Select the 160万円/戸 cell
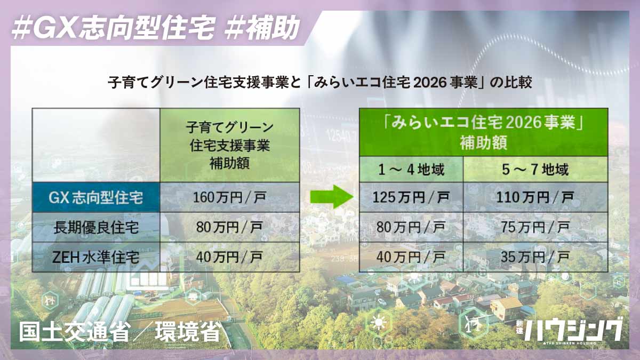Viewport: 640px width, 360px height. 229,198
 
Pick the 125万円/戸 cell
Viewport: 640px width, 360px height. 411,198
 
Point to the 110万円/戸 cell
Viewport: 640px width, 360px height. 535,198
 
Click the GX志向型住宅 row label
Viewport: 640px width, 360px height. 96,198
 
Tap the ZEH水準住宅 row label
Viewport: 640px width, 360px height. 96,257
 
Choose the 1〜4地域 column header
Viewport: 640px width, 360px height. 411,170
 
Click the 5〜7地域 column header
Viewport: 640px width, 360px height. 535,170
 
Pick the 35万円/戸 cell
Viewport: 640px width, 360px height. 535,257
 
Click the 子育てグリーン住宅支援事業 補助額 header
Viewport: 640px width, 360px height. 229,145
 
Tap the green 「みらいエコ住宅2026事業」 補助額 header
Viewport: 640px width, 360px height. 483,133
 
